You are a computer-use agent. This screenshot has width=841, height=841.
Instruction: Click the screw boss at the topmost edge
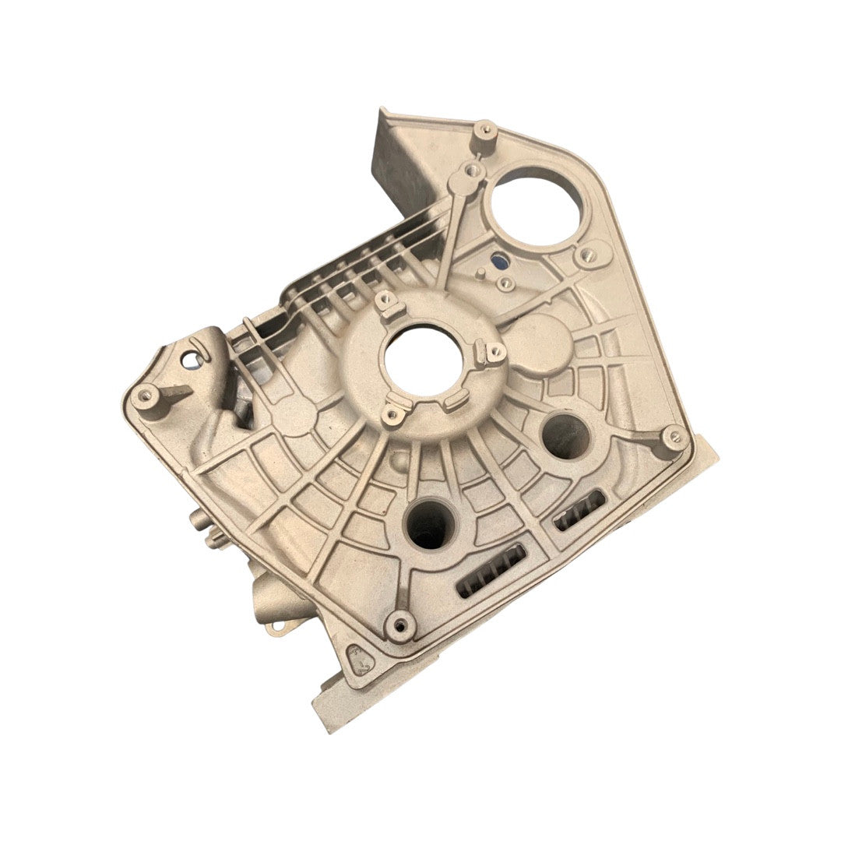coord(484,129)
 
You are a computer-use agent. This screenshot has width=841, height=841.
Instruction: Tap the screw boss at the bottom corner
coord(401,624)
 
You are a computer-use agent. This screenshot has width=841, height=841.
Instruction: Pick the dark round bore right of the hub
coord(566,435)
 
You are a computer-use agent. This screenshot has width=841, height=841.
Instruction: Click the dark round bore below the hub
coord(429,524)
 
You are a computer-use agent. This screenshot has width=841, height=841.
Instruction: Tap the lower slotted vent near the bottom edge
coord(491,571)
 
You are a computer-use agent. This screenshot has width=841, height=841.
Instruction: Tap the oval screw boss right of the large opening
coord(588,255)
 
